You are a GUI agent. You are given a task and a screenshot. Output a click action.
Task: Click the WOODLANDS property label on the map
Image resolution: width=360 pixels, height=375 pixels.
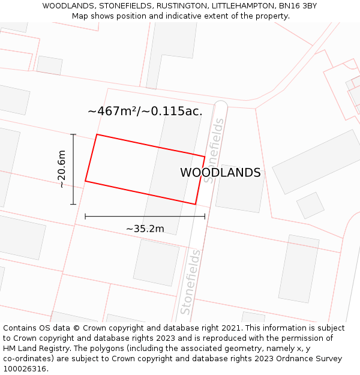coord(220,173)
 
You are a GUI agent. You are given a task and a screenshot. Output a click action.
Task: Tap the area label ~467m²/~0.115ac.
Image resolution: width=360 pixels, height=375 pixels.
coord(145,111)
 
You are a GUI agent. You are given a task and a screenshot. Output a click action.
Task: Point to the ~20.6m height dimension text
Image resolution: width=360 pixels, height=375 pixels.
coord(61,169)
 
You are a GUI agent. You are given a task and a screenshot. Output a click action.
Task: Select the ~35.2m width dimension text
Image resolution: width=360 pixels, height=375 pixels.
coord(145,229)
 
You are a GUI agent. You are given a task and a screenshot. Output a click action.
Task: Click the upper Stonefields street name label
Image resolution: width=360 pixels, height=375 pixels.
coord(214,151)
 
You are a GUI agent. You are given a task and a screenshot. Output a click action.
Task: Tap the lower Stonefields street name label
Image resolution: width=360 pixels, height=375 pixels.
coord(190,282)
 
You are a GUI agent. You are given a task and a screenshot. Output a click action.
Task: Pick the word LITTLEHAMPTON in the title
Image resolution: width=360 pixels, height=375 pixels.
coord(239,6)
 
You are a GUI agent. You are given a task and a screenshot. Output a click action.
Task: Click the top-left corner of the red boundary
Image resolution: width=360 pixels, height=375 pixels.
coord(97,134)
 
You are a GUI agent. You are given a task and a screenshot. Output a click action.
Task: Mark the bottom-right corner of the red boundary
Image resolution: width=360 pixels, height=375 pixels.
coord(195,204)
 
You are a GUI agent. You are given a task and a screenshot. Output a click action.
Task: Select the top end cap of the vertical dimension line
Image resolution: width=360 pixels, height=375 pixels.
coord(73,134)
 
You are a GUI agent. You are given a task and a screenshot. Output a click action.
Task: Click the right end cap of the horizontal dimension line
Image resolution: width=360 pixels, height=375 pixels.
coord(205,216)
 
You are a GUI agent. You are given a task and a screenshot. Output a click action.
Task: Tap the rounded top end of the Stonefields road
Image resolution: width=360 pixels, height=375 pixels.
coord(221,106)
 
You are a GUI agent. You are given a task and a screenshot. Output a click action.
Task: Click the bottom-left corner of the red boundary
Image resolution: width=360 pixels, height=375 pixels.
coord(85,181)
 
